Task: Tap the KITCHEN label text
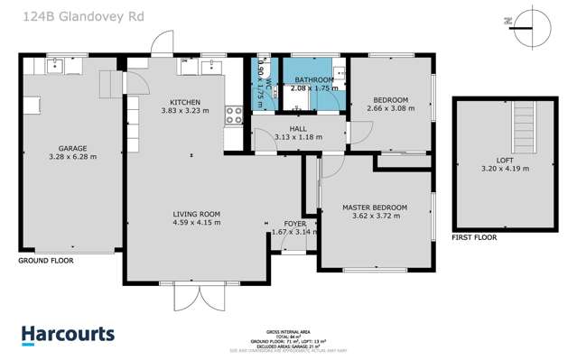(184, 102)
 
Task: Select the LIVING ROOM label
(197, 214)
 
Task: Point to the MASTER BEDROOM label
(374, 208)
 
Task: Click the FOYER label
(294, 223)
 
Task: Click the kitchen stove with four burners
(233, 115)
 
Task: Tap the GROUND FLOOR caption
(45, 260)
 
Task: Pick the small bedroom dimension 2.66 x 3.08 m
(391, 107)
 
